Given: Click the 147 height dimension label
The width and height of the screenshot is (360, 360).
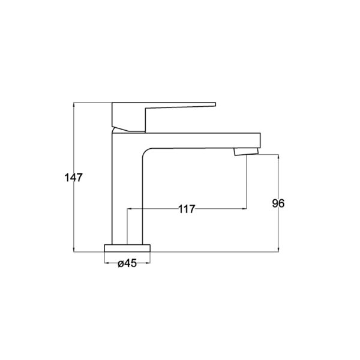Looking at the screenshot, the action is coord(73,177).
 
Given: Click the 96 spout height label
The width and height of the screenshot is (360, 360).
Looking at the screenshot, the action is coord(278,203).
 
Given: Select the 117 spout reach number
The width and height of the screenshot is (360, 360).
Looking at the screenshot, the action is coord(187,209).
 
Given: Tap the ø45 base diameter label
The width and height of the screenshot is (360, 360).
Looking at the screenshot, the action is coord(127,263).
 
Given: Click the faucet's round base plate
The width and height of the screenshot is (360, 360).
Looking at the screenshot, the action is coord(127,248).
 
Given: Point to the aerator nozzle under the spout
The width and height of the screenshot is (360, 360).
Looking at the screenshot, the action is coord(246,152).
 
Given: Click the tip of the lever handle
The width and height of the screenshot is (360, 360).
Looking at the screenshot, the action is coord(215,104).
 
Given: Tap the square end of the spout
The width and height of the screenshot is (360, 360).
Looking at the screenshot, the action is coord(260,140).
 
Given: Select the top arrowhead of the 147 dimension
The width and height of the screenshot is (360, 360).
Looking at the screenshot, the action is coord(74,104).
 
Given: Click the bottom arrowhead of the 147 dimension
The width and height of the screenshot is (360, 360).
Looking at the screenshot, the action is coord(74,250).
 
